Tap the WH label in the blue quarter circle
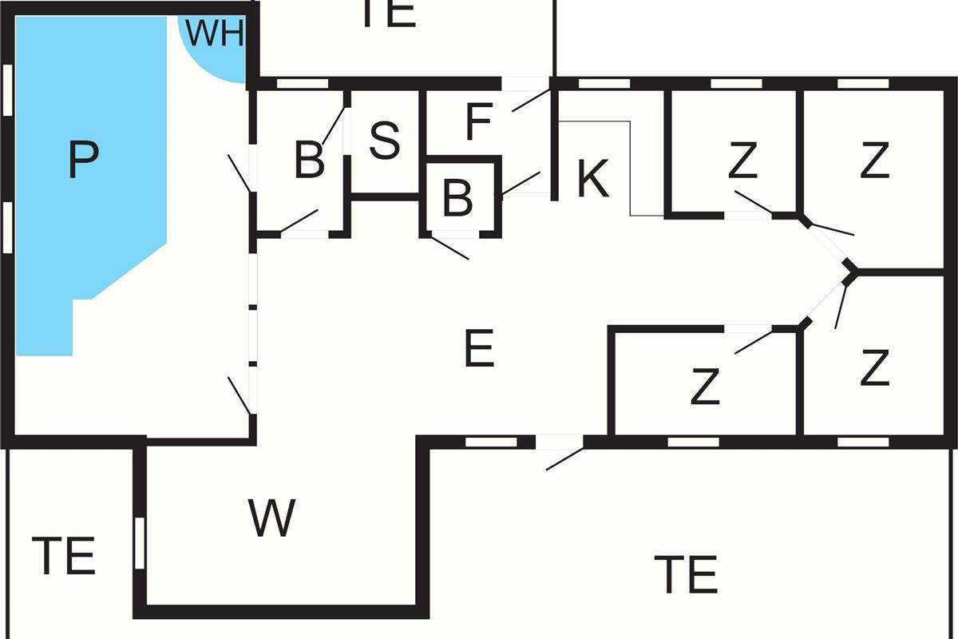click(x=214, y=34)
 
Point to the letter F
click(x=478, y=122)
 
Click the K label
click(x=592, y=179)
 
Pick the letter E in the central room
click(x=479, y=349)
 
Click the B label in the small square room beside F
click(x=457, y=198)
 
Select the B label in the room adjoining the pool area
click(x=310, y=160)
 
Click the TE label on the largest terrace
click(x=685, y=574)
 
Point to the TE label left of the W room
click(x=64, y=556)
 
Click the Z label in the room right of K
click(x=742, y=161)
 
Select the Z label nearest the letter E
click(x=705, y=387)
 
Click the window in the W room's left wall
click(x=139, y=543)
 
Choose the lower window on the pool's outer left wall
click(x=8, y=227)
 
